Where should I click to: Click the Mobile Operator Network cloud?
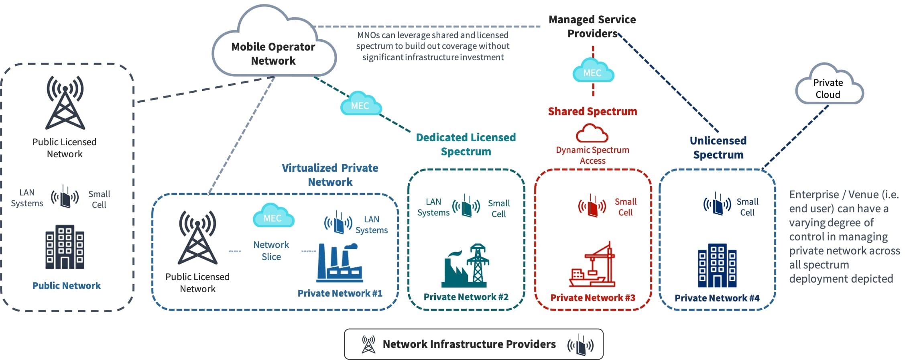coord(273,48)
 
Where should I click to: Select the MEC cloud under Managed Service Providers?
coord(593,71)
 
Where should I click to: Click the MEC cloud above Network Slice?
coord(273,216)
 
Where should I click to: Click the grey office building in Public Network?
coord(65,247)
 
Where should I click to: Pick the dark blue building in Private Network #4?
coord(717,266)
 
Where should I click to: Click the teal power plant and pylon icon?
coord(466,266)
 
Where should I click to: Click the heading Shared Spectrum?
coord(592,111)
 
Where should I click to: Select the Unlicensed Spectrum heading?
coord(718,147)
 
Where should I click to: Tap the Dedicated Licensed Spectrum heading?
coord(466,144)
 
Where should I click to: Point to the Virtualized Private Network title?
coord(330,175)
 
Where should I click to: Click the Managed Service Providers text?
coord(592,26)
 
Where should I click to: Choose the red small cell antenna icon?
coord(592,206)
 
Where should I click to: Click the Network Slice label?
coord(271,250)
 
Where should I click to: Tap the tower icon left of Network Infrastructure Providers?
coord(368,344)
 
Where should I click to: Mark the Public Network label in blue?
coord(67,285)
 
